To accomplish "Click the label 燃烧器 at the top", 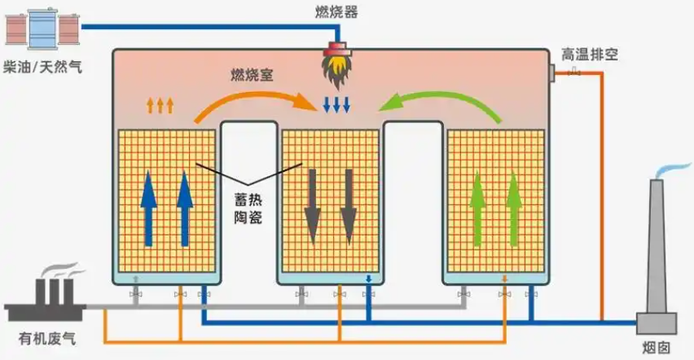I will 336,11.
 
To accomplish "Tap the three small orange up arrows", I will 160,103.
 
